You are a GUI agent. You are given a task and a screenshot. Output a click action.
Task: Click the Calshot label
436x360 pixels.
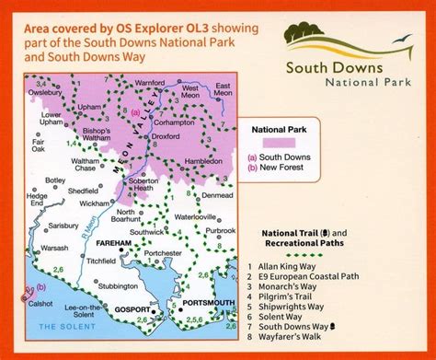pyautogui.click(x=42, y=307)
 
